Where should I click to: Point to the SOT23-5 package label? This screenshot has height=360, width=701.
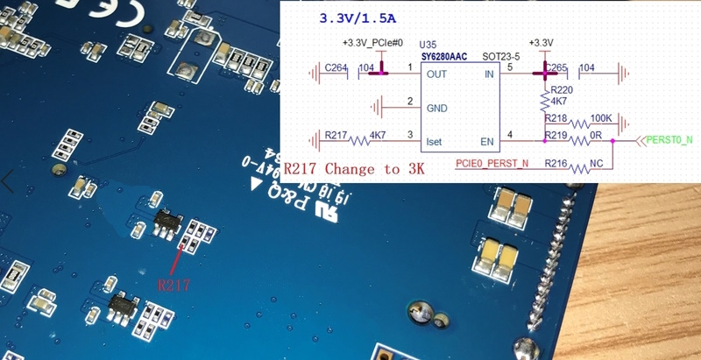tap(500, 54)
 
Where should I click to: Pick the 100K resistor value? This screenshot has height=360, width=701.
tap(602, 118)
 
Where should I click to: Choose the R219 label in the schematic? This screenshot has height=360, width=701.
tap(556, 134)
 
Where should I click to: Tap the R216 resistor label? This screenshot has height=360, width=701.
tap(556, 163)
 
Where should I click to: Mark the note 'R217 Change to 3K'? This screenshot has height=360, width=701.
tap(354, 169)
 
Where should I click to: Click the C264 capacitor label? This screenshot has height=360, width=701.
tap(336, 67)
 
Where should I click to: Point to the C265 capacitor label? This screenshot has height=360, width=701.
tap(557, 67)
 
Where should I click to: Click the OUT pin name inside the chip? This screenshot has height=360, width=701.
tap(436, 74)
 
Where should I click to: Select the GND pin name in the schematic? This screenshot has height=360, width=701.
tap(437, 108)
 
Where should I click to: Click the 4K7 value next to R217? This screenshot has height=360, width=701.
tap(378, 135)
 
